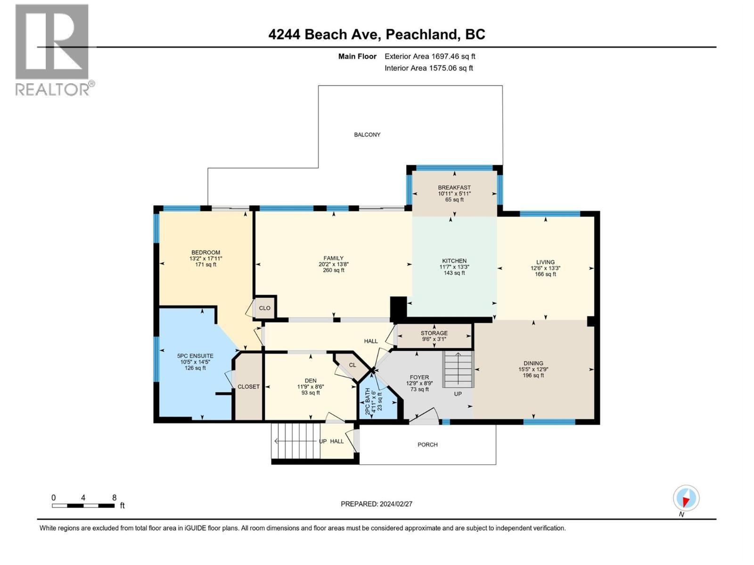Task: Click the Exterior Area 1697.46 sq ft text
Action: click(x=430, y=56)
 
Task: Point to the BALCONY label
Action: click(x=367, y=135)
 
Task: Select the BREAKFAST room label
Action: click(x=454, y=187)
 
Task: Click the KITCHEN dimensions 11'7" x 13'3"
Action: click(x=454, y=267)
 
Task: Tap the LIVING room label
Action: click(x=545, y=262)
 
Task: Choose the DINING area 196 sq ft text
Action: click(x=533, y=375)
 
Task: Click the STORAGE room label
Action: click(x=434, y=333)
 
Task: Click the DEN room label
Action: click(x=311, y=380)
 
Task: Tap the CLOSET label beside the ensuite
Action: click(x=248, y=387)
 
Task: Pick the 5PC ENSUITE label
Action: click(x=195, y=356)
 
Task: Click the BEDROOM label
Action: click(x=205, y=252)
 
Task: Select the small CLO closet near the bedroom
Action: click(x=264, y=308)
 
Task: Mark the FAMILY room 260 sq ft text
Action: click(x=333, y=270)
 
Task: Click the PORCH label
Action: click(x=427, y=444)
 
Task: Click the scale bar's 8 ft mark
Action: click(x=114, y=498)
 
